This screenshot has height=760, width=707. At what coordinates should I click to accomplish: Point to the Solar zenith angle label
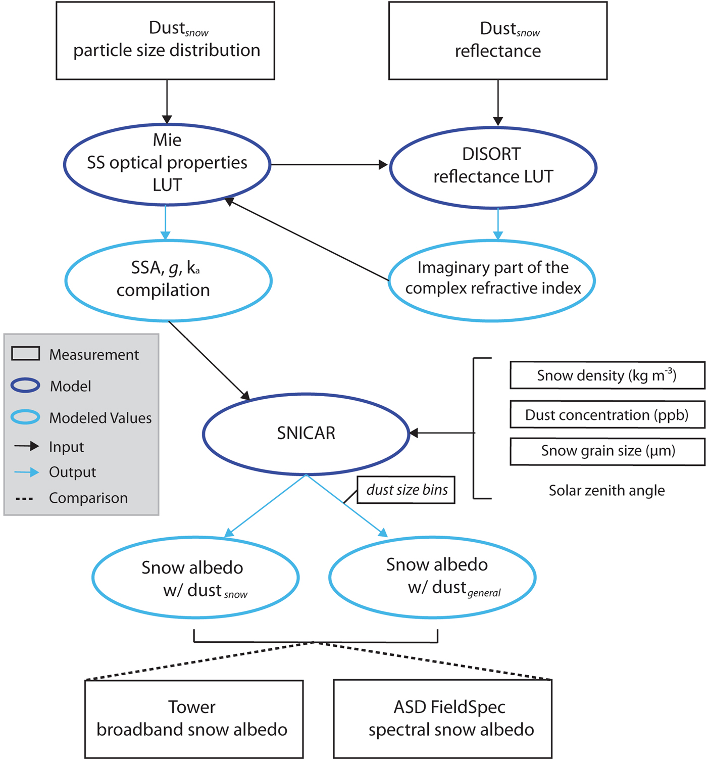(x=607, y=490)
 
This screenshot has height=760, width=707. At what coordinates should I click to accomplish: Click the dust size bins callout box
(x=406, y=490)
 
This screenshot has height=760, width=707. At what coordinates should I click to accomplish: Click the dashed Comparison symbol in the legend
(x=24, y=499)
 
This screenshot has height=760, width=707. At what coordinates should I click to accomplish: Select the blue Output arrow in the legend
(x=26, y=472)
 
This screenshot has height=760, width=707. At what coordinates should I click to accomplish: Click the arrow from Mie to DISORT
(x=329, y=165)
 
